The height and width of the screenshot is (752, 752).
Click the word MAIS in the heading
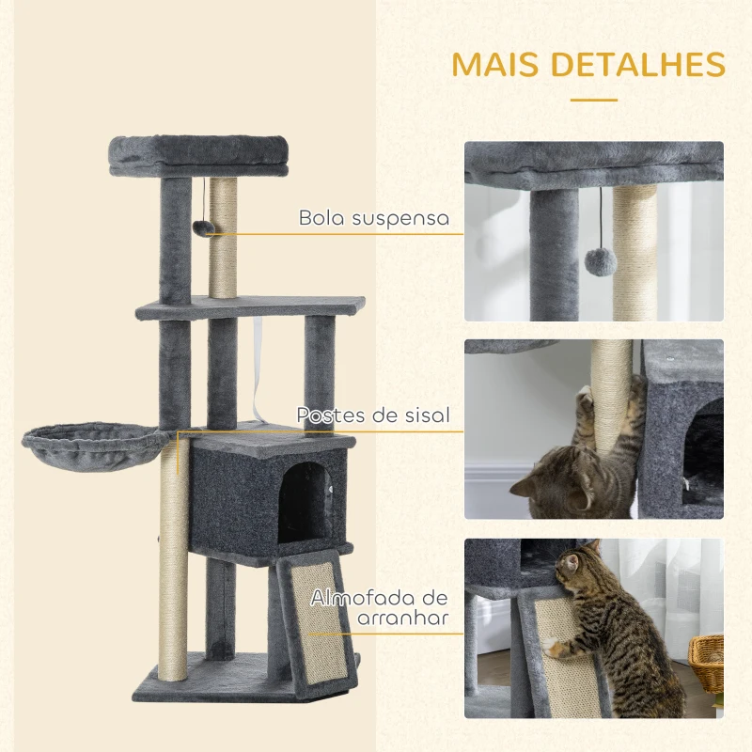(x=499, y=64)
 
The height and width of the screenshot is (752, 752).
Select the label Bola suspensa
(x=374, y=218)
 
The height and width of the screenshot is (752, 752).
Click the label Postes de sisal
(x=373, y=415)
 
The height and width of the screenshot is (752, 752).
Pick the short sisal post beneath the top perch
(x=223, y=240)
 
